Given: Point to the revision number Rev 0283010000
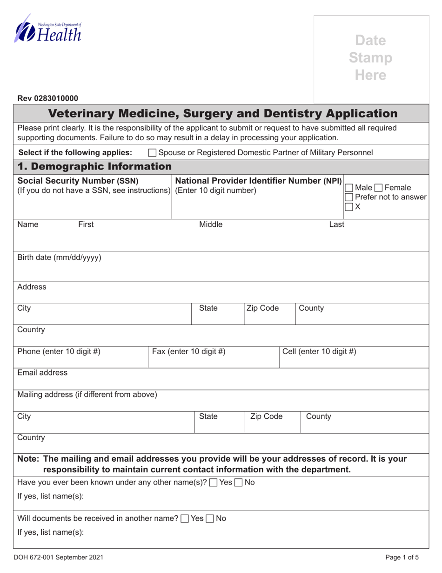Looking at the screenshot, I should click(48, 98).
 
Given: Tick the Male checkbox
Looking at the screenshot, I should click(348, 188).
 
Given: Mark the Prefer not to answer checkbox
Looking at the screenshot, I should click(348, 197).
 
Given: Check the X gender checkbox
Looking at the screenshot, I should click(348, 207).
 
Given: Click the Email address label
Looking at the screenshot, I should click(42, 373).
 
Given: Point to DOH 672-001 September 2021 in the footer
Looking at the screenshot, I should click(60, 557).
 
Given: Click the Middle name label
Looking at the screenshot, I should click(211, 225).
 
